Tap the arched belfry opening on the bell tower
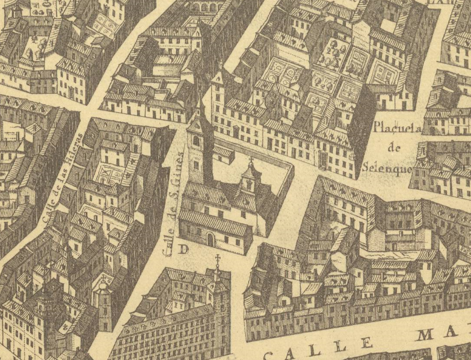(197, 140)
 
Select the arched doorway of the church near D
(210, 239)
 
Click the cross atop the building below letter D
(218, 261)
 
